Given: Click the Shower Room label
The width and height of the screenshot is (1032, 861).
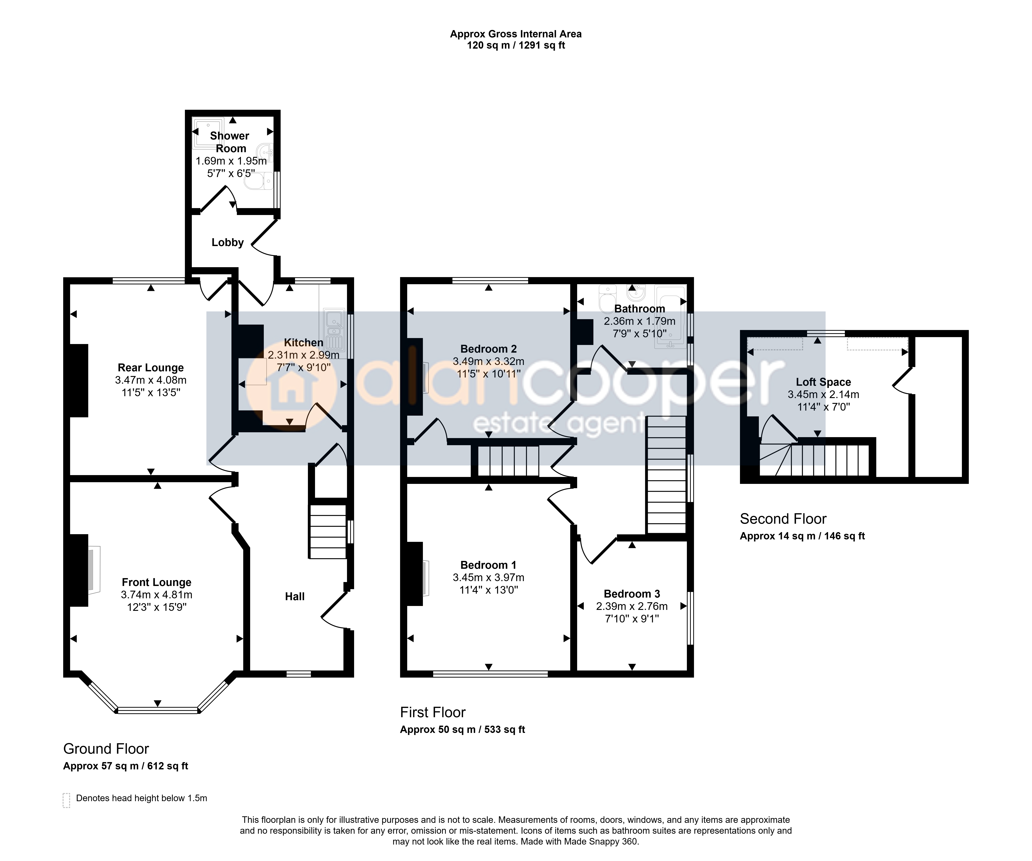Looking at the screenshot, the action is [230, 142].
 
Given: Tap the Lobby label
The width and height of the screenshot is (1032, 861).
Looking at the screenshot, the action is [228, 242].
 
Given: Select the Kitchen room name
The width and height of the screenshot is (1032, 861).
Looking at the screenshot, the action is [304, 343].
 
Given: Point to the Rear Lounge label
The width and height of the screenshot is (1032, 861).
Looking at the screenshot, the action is [151, 368].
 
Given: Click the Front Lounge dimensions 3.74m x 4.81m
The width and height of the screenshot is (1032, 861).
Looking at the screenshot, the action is [157, 595].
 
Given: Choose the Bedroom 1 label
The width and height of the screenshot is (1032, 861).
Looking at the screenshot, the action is [489, 565].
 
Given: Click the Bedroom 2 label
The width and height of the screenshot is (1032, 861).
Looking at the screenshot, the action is [489, 349].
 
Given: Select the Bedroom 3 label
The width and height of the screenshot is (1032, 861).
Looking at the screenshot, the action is [632, 594].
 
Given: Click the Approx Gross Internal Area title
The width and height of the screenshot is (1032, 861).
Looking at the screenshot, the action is [516, 34].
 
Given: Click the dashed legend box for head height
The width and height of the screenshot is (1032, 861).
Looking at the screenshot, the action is [67, 800].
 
